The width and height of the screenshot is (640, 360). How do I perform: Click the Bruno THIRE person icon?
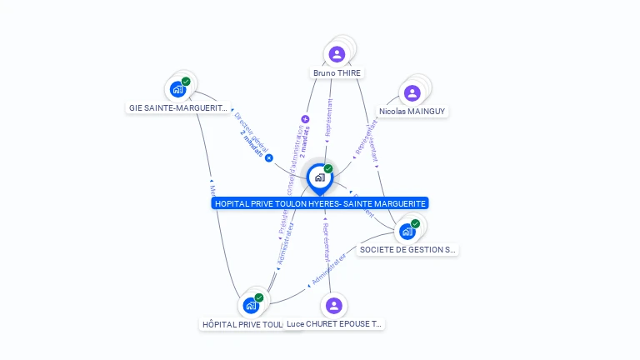(337, 54)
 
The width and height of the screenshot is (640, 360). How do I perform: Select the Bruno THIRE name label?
(337, 73)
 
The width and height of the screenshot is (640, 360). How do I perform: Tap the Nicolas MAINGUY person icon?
(412, 92)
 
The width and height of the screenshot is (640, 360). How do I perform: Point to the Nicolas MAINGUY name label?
(412, 111)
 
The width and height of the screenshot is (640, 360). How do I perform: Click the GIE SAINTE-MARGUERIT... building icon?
(177, 89)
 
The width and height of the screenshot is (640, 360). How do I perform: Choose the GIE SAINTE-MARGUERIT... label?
(178, 107)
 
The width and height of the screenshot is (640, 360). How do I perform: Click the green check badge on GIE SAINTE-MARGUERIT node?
(186, 82)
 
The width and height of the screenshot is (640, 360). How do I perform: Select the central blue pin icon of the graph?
(319, 177)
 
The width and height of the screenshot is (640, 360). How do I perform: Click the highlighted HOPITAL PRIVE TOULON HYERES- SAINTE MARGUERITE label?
(320, 203)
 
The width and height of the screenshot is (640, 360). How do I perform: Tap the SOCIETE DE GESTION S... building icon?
(407, 231)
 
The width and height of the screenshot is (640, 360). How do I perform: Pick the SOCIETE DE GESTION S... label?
(407, 249)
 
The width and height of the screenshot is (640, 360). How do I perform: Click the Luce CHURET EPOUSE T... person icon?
(334, 305)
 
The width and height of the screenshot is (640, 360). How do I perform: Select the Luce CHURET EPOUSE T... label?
(334, 323)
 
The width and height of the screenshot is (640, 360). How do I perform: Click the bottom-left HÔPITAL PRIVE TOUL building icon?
(251, 305)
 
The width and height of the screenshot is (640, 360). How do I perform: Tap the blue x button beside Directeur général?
(269, 157)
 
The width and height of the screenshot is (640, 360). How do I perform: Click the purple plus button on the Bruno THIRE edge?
(305, 119)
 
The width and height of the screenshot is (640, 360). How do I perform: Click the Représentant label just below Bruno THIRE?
(329, 117)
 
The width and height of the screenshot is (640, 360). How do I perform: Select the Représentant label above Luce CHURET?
(327, 241)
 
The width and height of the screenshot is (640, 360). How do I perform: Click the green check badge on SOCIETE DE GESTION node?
(415, 223)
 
